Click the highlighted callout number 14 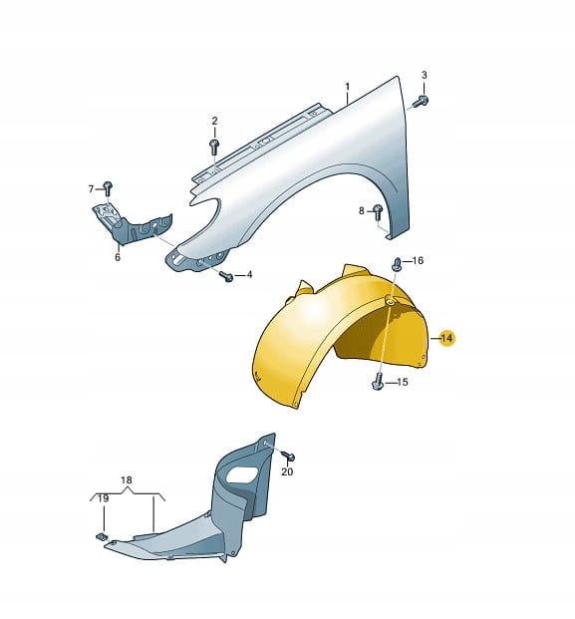[446, 338]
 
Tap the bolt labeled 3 [421, 101]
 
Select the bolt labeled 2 [214, 146]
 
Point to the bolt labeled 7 [108, 187]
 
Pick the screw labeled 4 [227, 276]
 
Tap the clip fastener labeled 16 [397, 264]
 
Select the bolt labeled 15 [378, 382]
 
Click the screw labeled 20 [289, 456]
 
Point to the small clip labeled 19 [101, 535]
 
